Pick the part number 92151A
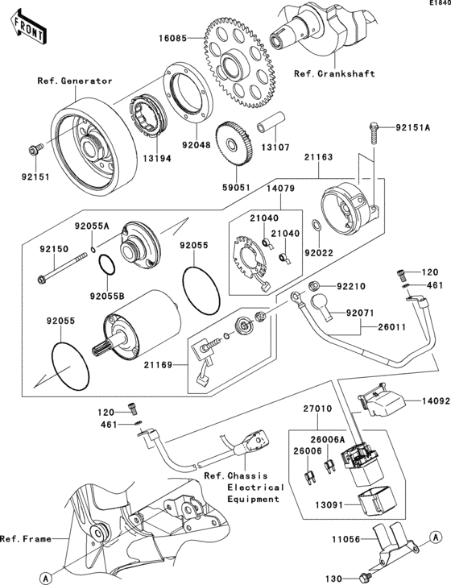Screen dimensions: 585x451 click(x=413, y=127)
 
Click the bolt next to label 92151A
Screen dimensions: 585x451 click(x=374, y=132)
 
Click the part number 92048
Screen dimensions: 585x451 click(x=195, y=147)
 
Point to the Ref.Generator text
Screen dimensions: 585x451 click(x=74, y=81)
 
